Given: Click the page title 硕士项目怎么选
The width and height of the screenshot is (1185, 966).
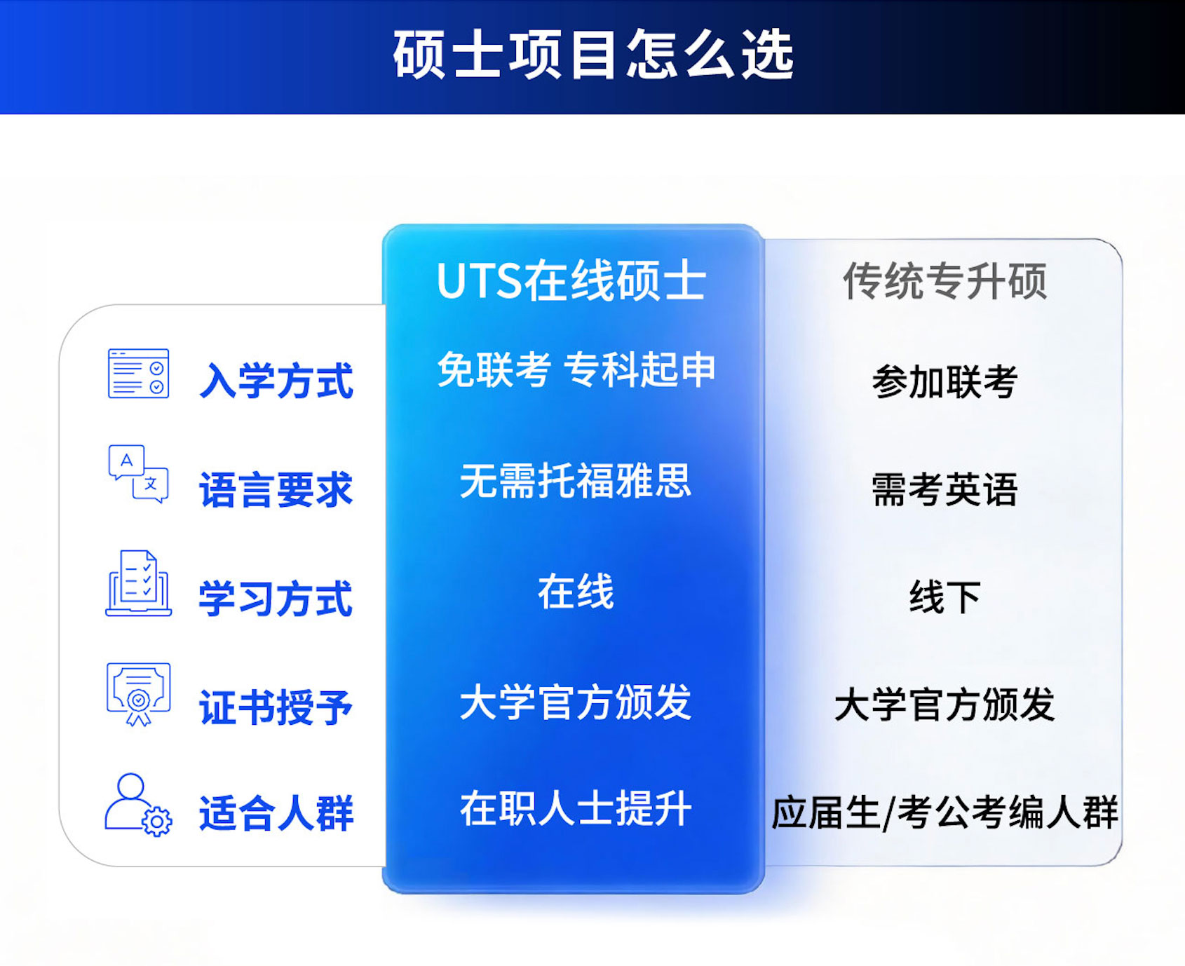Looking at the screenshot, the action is (x=593, y=55).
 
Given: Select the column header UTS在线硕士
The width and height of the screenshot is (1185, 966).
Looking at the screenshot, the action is (x=571, y=281).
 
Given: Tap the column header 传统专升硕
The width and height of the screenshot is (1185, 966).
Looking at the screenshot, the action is (x=944, y=281).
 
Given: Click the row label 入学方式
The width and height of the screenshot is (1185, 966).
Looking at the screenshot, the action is (x=276, y=381).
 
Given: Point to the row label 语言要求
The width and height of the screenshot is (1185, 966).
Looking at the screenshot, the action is (x=276, y=489).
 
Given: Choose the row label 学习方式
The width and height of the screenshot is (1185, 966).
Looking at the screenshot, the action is (x=276, y=599).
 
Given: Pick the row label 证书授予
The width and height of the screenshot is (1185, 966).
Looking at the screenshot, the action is (x=276, y=707).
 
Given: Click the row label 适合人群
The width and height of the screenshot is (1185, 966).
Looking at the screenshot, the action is (x=276, y=813).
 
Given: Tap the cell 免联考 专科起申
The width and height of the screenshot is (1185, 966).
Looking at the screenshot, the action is (x=576, y=369).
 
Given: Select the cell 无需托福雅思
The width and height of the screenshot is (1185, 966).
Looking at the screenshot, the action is (x=576, y=481).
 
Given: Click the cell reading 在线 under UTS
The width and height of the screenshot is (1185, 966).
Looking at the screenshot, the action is (x=576, y=592).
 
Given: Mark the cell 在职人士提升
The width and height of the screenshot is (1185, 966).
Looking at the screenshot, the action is (x=576, y=808).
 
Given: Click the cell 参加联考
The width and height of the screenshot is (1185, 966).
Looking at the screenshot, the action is (x=944, y=382).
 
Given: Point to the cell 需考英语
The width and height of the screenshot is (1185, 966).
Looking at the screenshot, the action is (x=944, y=489).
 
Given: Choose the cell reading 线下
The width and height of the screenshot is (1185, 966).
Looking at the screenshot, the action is (x=944, y=597).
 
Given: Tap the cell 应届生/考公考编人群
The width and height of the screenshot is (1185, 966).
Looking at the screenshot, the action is (x=944, y=812).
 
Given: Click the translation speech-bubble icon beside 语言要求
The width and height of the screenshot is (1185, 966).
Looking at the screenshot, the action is (x=138, y=473).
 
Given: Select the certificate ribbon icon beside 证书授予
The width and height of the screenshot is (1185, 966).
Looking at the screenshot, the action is (x=138, y=694).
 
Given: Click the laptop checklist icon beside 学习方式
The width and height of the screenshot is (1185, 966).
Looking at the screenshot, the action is (x=138, y=583).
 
